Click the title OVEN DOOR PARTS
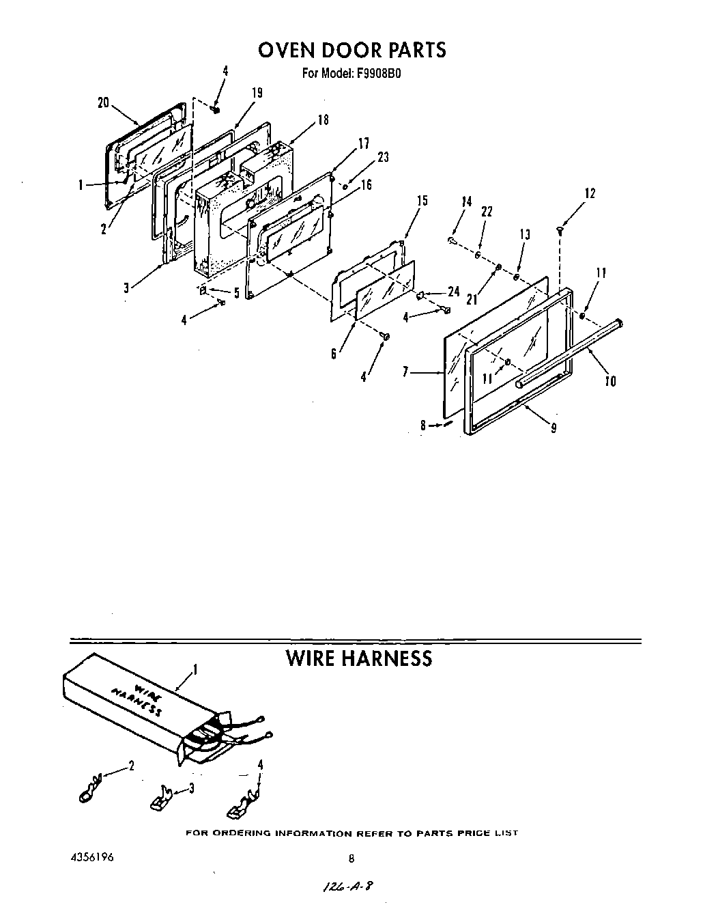[351, 51]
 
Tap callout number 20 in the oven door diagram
[103, 102]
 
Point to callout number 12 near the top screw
[590, 193]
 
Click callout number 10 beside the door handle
[610, 381]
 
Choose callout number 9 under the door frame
[553, 428]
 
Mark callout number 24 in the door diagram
[453, 291]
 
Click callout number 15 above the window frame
[422, 200]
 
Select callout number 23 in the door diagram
[383, 157]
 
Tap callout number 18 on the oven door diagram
[323, 120]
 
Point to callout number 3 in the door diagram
[126, 288]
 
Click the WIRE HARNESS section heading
[358, 658]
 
